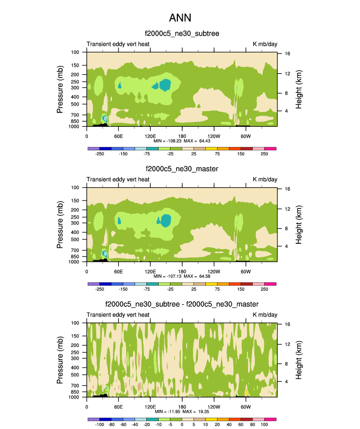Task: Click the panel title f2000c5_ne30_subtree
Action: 182,33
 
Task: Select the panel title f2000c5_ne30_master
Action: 182,169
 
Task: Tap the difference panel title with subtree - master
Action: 182,305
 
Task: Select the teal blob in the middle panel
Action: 165,221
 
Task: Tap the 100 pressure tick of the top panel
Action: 76,52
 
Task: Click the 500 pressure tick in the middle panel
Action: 76,240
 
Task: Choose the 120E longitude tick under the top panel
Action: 150,136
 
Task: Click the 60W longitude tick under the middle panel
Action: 246,271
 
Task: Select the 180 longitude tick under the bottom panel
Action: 182,407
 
